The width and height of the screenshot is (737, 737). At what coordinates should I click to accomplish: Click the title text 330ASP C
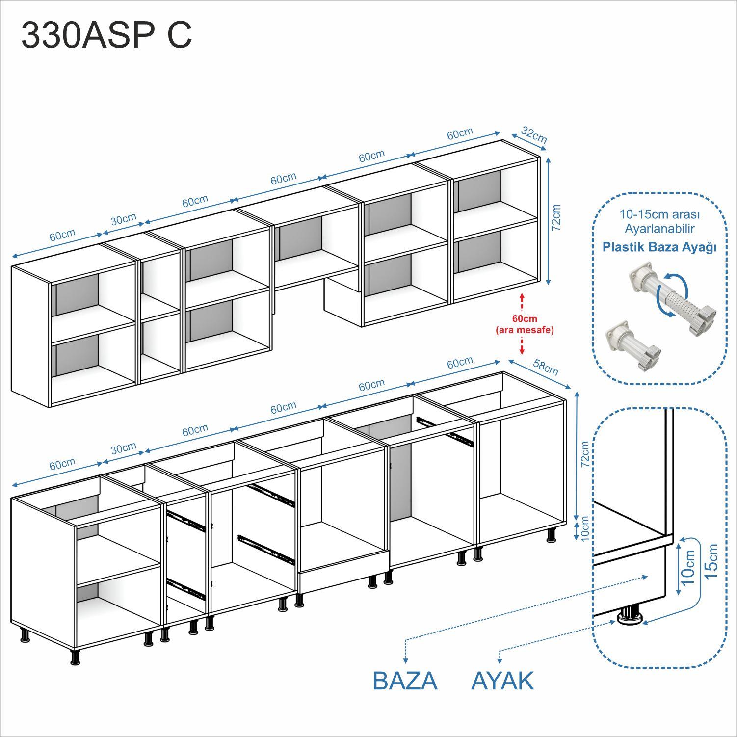tap(106, 35)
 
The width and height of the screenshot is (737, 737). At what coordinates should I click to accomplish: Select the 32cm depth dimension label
tap(534, 135)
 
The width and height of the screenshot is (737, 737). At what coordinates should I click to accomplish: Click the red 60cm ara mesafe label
tap(525, 324)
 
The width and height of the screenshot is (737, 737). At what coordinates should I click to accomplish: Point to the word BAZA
tap(405, 681)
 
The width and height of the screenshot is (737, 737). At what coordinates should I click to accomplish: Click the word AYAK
tap(502, 681)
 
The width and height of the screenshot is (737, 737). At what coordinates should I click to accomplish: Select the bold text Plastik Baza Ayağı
tap(659, 247)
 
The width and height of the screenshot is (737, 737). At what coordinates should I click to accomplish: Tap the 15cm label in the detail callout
tap(711, 561)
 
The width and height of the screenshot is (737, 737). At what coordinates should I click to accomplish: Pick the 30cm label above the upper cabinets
tap(123, 219)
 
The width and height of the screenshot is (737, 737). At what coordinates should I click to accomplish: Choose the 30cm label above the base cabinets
tap(123, 448)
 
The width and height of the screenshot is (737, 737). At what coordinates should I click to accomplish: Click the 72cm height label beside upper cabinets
tap(555, 218)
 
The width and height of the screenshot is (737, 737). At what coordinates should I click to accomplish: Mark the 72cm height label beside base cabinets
tap(584, 454)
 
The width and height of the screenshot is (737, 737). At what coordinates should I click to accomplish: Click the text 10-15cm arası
tap(659, 215)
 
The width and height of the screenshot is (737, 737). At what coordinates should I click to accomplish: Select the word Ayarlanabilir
tap(659, 229)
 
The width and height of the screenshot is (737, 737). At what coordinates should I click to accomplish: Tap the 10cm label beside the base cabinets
tap(584, 528)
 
